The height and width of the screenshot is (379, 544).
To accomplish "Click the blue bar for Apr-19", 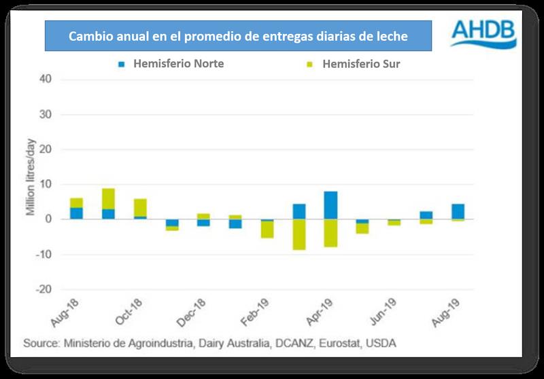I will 330,205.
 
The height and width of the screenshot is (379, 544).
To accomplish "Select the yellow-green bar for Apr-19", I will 330,233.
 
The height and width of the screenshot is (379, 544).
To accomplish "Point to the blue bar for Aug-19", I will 458,211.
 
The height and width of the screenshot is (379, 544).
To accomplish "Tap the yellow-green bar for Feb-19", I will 267,230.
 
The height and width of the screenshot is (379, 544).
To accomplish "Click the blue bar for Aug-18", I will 76,213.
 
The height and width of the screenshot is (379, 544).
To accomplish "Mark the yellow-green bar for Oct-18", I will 140,207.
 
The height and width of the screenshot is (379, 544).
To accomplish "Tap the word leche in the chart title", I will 391,37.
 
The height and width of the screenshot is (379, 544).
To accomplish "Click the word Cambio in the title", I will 90,37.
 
